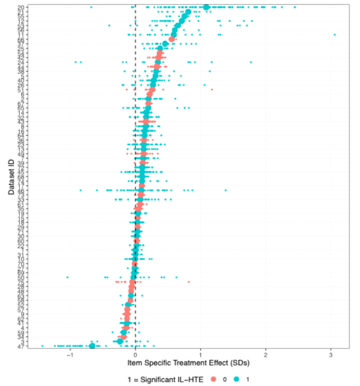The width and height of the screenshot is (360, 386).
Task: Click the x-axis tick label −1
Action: click(x=69, y=354)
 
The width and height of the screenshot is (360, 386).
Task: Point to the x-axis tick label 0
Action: click(x=136, y=354)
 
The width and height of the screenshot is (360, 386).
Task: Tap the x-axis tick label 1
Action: click(x=201, y=354)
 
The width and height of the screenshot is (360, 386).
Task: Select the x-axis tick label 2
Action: click(x=266, y=354)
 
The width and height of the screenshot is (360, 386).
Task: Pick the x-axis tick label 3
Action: click(x=331, y=354)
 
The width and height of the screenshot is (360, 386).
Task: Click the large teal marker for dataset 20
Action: click(x=207, y=7)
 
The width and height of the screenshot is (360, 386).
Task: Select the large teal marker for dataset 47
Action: click(x=92, y=346)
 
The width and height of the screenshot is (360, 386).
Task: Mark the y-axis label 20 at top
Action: click(x=19, y=7)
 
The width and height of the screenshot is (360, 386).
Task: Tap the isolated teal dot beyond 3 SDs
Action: click(x=334, y=35)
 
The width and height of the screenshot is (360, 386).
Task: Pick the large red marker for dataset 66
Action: click(x=172, y=39)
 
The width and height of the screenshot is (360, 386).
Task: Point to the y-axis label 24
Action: click(x=19, y=62)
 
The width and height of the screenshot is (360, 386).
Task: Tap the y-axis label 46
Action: click(x=19, y=190)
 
